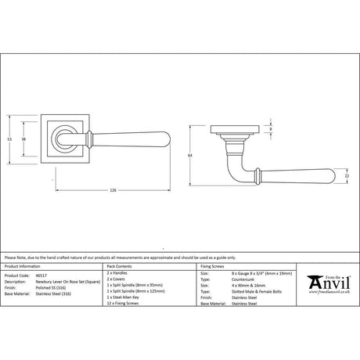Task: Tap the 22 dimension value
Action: pos(347,178)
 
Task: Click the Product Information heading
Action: pos(23,267)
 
